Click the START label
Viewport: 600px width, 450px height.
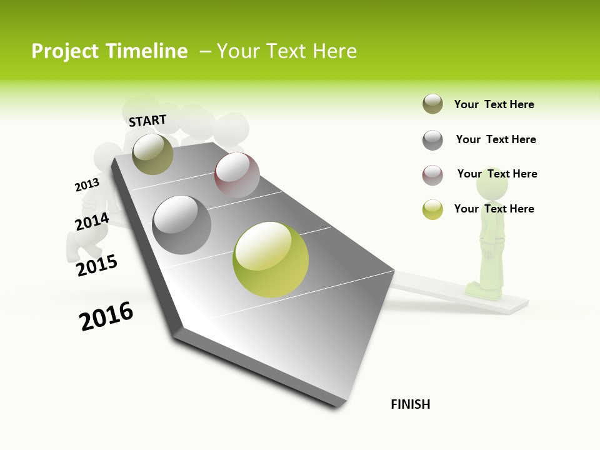coord(147,121)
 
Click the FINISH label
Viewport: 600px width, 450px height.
coord(410,404)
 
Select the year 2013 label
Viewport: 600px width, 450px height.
coord(87,185)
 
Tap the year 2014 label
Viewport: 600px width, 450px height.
coord(92,222)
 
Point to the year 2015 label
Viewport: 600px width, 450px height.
coord(97,265)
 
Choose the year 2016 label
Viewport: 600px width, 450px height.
coord(106,316)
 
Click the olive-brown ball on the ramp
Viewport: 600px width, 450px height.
coord(152,154)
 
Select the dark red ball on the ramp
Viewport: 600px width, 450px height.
coord(237,175)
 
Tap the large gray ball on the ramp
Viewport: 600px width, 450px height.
coord(182,225)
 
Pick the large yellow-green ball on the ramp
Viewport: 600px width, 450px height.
coord(271,259)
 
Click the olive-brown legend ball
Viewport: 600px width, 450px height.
coord(432,104)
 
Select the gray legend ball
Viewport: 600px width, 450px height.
coord(432,140)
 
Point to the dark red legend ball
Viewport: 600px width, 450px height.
coord(432,175)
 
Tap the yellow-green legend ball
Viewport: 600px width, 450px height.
coord(432,209)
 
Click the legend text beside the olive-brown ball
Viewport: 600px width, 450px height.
coord(494,104)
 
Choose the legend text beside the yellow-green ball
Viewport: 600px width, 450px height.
coord(494,209)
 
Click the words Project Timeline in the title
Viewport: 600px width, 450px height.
coord(109,51)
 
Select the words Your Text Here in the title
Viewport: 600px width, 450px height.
coord(286,51)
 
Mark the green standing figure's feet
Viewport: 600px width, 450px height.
coord(483,291)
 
